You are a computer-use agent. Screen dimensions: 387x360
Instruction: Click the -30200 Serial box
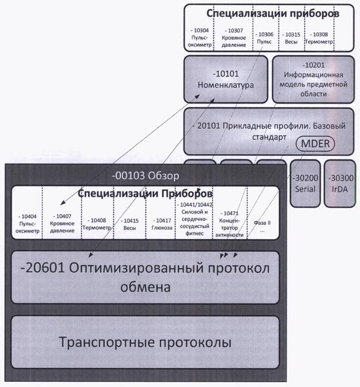(x=304, y=183)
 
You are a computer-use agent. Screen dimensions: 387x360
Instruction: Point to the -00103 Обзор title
(x=145, y=175)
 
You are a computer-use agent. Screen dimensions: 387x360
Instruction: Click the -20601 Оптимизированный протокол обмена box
(x=145, y=278)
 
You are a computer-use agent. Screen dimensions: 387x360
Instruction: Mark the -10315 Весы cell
(x=291, y=36)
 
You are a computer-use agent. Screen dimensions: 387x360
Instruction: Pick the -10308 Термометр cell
(x=317, y=36)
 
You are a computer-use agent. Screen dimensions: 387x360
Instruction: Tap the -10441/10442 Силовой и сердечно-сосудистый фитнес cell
(x=196, y=219)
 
